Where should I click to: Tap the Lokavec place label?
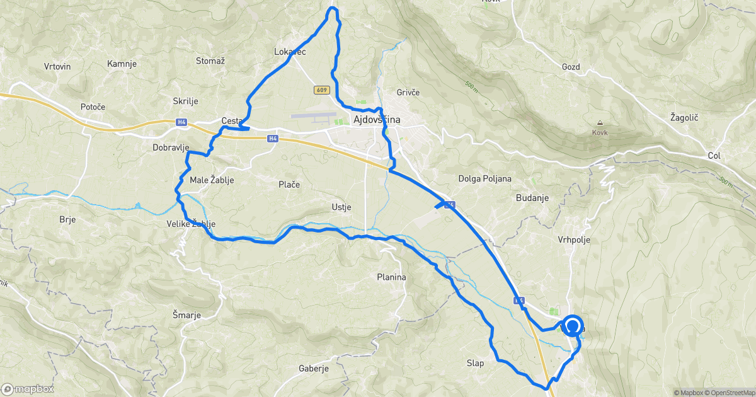point(290,52)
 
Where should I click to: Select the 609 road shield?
point(321,90)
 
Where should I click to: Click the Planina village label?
point(391,277)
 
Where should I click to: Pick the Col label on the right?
point(713,155)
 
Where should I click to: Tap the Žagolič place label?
point(685,118)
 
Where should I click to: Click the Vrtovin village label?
point(57,66)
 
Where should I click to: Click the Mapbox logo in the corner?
point(29,389)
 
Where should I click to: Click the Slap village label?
point(474,363)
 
